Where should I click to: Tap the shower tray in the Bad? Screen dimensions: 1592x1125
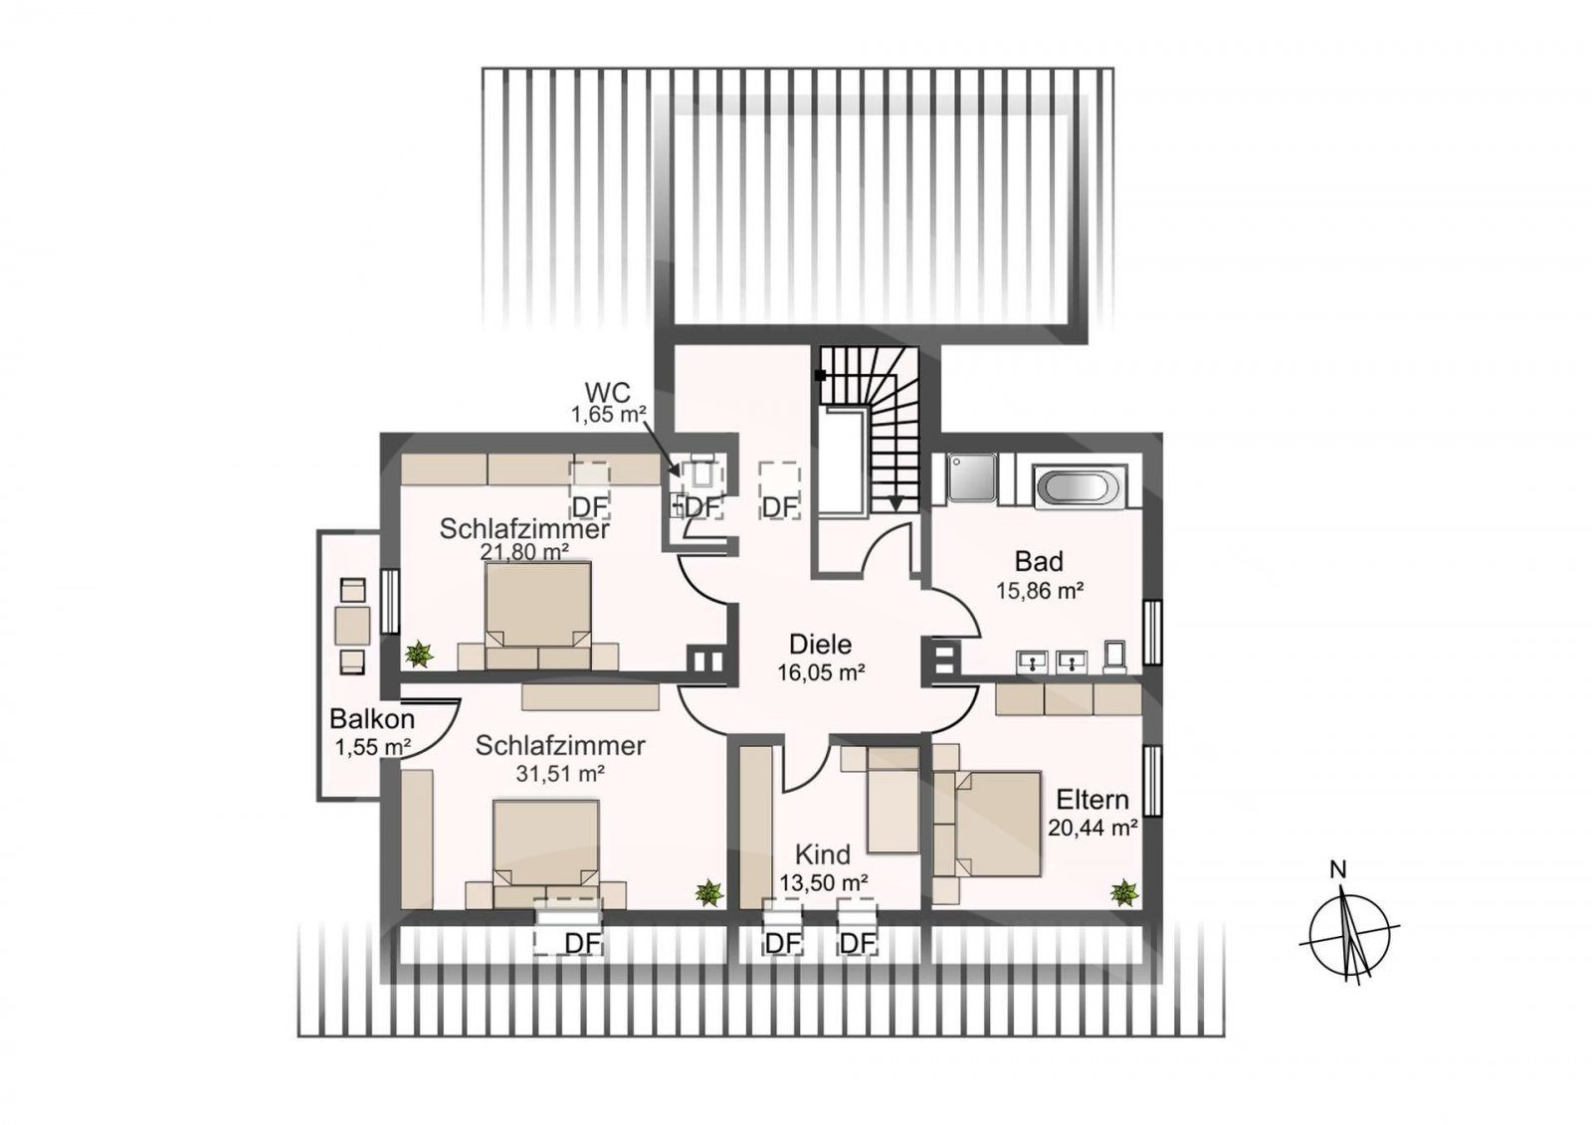(x=972, y=477)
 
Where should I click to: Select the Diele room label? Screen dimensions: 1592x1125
(x=821, y=644)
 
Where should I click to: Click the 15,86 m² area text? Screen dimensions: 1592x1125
(x=1040, y=591)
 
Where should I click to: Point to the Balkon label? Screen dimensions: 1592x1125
(x=372, y=718)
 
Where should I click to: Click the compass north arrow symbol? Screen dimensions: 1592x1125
(x=1349, y=934)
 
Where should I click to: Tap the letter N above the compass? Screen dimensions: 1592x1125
(x=1338, y=870)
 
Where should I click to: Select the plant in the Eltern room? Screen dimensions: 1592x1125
(x=1123, y=892)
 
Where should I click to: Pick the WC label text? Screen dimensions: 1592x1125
(x=608, y=391)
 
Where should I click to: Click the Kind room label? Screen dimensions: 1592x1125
(x=822, y=853)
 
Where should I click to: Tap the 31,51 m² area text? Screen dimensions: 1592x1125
(x=560, y=773)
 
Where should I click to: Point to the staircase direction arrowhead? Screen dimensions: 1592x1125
(x=895, y=504)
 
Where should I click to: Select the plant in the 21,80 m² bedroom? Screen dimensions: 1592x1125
(x=419, y=654)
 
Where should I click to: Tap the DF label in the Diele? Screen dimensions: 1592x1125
(x=779, y=507)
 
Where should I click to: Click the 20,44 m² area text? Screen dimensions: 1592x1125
(x=1094, y=828)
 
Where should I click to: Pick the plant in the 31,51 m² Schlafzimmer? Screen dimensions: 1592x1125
(x=708, y=892)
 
